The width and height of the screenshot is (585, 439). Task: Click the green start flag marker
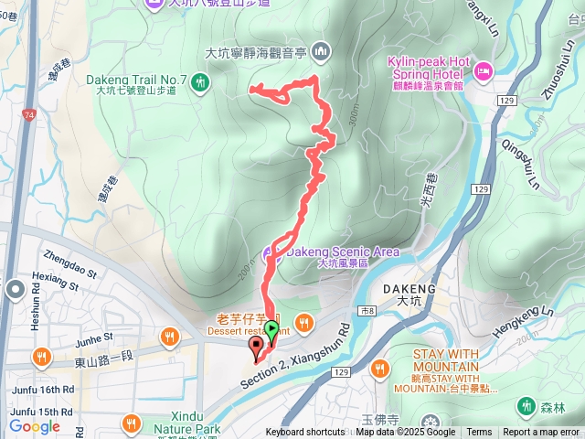(271, 329)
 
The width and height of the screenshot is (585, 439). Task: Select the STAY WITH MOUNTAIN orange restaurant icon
(378, 368)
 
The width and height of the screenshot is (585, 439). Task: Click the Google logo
(35, 426)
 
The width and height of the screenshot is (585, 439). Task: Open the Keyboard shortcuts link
(305, 433)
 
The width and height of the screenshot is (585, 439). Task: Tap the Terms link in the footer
(479, 433)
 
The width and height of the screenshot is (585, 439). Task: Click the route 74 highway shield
(30, 115)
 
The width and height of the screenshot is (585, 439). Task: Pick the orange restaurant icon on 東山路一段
(169, 337)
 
